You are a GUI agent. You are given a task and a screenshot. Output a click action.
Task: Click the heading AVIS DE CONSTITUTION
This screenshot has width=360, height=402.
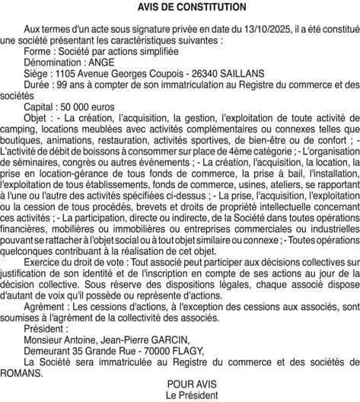click(x=180, y=7)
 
